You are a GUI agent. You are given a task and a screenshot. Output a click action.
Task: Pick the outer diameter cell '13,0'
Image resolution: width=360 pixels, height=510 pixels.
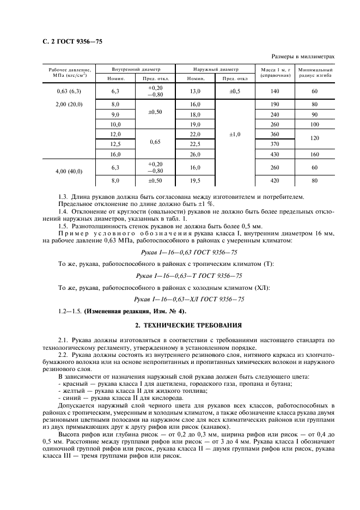point(195,91)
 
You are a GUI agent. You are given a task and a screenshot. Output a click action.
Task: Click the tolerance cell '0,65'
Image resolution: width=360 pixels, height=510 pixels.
point(155,144)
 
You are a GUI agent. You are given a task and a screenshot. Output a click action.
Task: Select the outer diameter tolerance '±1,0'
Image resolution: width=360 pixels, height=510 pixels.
point(235,134)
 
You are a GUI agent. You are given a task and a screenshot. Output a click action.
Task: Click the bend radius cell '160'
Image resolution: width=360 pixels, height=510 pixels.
point(315,154)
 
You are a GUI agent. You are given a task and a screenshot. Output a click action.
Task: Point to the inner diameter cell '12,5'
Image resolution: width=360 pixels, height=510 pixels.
point(115,144)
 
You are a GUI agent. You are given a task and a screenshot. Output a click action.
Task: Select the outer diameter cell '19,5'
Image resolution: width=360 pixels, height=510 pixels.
point(195,180)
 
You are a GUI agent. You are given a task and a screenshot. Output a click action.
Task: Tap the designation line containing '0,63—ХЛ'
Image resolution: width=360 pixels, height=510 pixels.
point(189,299)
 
